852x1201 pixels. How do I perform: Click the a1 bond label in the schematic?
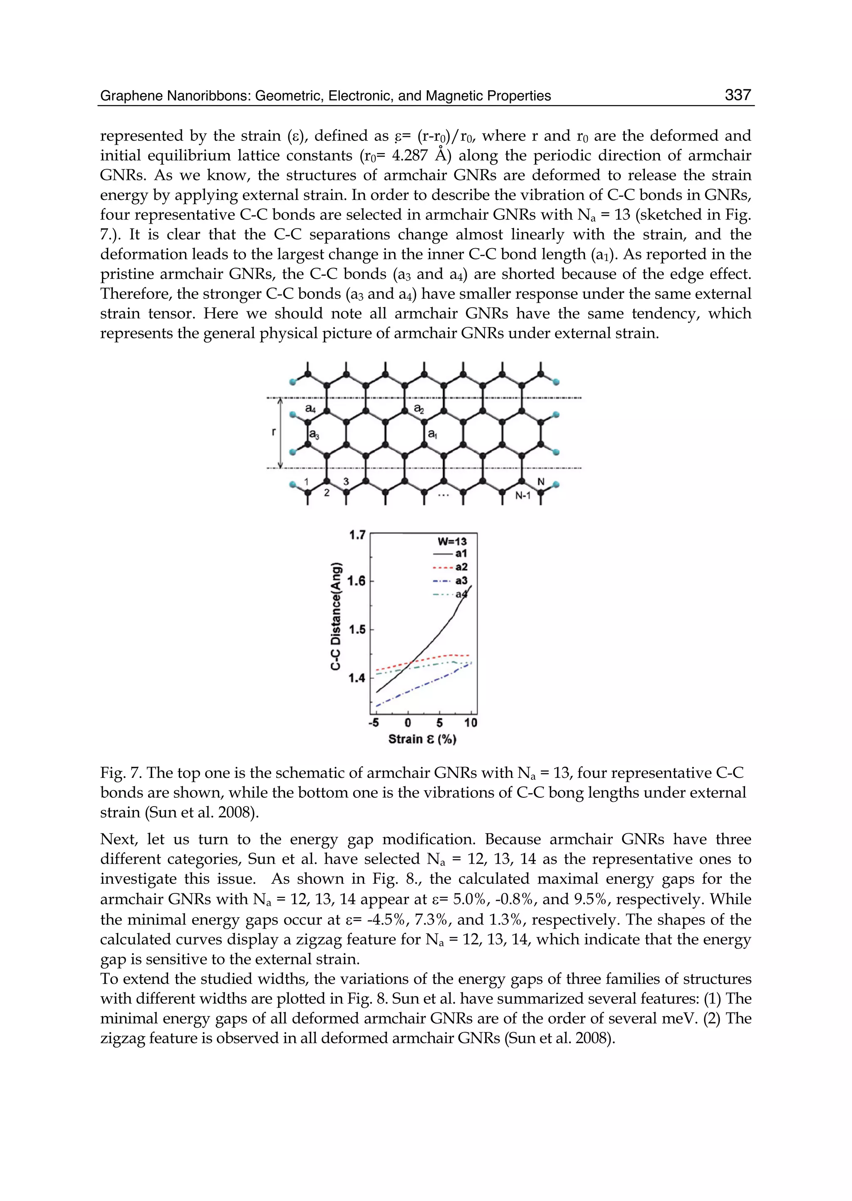tap(432, 434)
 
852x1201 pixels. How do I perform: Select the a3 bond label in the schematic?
tap(314, 434)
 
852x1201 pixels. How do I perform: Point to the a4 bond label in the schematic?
tap(311, 408)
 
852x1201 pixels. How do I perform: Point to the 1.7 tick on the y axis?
tap(357, 535)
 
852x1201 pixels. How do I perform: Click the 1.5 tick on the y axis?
tap(357, 629)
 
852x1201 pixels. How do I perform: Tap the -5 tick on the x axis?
tap(374, 723)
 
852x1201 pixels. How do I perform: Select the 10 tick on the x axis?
tap(471, 723)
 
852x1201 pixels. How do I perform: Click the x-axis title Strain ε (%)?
tap(422, 739)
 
